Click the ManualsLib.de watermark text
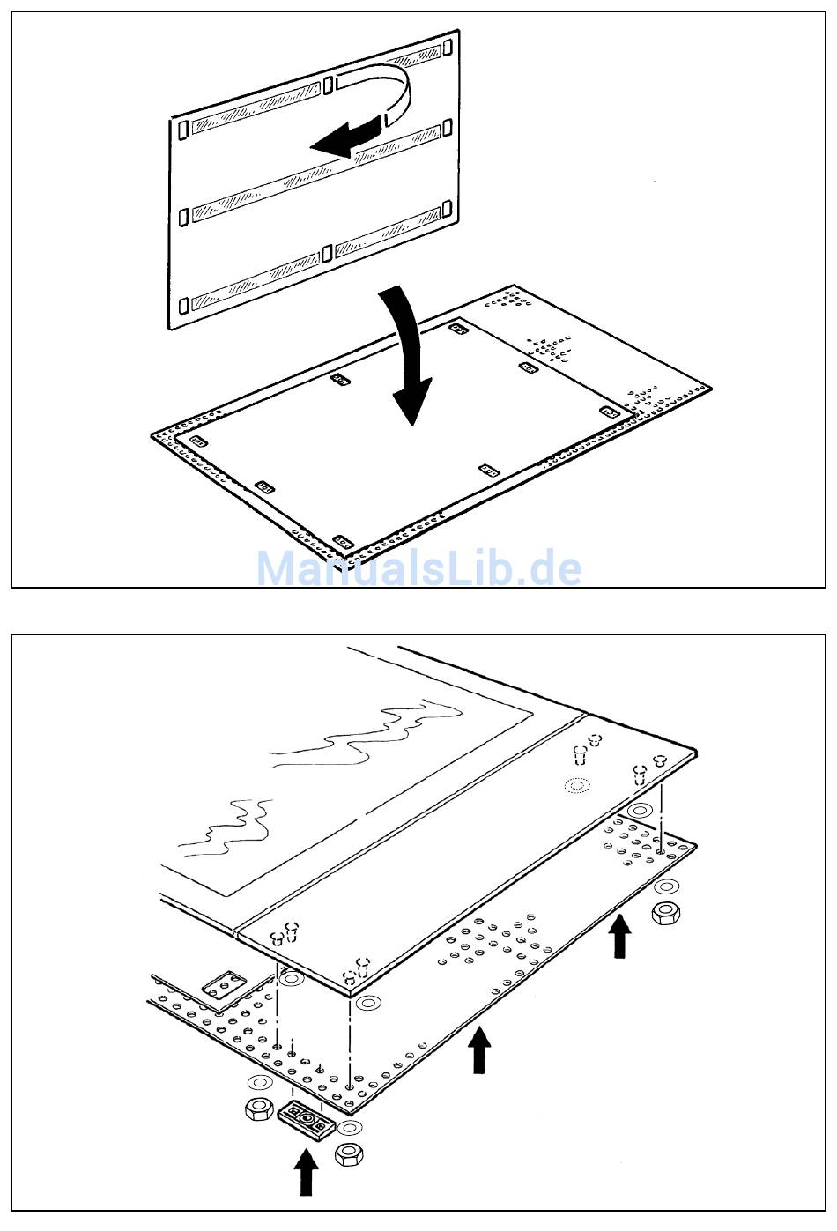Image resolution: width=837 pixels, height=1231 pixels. (x=418, y=568)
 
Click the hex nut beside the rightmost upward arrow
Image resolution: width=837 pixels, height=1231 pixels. (x=665, y=915)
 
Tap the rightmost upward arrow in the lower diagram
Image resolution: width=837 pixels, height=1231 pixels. (x=619, y=936)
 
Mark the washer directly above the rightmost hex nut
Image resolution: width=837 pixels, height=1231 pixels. (x=666, y=886)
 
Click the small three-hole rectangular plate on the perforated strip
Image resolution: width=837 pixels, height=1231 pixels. (x=224, y=985)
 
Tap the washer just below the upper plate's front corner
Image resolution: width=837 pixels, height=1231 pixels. (x=367, y=1003)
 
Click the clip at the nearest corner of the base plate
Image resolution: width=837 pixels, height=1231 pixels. (x=343, y=542)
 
